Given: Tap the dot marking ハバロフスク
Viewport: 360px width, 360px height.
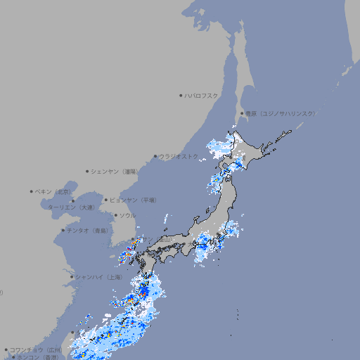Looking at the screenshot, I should [x=181, y=95].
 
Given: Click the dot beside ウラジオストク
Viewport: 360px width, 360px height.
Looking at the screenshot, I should [x=155, y=156].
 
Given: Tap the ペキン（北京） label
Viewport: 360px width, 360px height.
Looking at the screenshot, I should [x=55, y=191].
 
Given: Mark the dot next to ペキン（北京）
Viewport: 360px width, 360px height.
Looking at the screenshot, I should [x=32, y=191].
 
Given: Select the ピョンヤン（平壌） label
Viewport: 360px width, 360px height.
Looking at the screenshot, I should [x=134, y=200].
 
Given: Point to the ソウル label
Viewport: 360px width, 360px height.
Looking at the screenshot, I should [x=127, y=215].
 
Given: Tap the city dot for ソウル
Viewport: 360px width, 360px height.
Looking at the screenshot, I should [x=115, y=215].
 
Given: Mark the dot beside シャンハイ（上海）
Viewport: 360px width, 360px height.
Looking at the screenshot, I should [x=72, y=277].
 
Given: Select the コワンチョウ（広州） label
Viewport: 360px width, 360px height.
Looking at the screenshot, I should [x=37, y=349].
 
